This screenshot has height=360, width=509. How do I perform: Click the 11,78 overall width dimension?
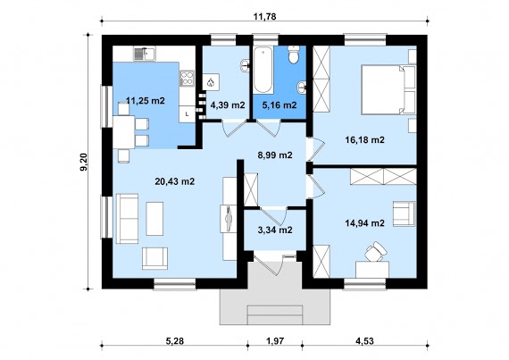pos(264,16)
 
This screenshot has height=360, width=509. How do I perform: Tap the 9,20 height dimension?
pos(83,162)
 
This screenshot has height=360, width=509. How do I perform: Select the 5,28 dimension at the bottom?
pos(175,341)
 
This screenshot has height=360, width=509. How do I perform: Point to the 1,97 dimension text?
pos(275,341)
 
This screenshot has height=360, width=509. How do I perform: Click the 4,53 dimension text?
pos(364,341)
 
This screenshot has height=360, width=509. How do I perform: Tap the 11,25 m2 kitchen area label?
pos(146,101)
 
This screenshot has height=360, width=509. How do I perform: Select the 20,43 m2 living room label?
pos(175,181)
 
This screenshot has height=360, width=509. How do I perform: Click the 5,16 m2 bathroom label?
pos(280,105)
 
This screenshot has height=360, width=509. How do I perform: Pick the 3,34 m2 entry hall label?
pos(275,230)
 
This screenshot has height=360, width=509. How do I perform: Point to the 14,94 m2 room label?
pos(364,223)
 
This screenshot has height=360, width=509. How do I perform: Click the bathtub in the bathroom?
pos(263,70)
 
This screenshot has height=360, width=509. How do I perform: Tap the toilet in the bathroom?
pos(294,54)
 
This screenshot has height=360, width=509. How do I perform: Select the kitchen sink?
pos(145,54)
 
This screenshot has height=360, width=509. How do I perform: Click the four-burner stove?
pos(187,79)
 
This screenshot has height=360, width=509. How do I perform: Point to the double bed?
pos(388,89)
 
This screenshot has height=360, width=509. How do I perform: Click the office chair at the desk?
pos(375,251)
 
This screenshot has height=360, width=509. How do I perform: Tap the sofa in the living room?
pos(127,219)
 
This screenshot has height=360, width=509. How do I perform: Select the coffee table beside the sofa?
pos(154,219)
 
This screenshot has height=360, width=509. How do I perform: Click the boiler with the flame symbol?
pos(211,82)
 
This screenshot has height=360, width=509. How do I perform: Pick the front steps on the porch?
pos(275,314)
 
